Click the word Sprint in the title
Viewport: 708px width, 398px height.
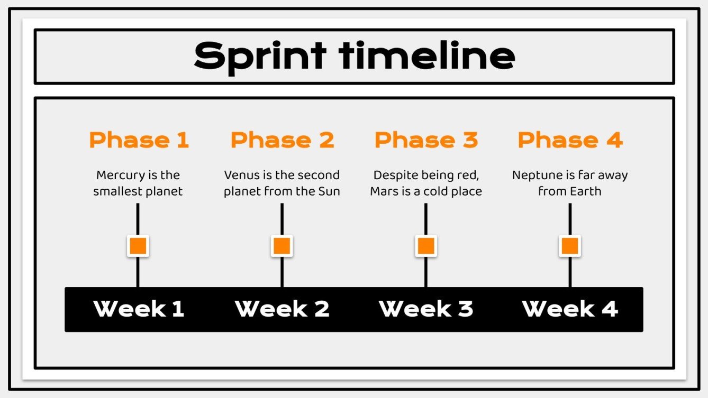coord(260,56)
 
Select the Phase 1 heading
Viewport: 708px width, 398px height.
coord(139,140)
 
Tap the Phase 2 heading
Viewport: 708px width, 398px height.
coord(282,140)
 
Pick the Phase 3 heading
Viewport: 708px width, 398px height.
coord(426,140)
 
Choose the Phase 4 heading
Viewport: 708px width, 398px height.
coord(570,140)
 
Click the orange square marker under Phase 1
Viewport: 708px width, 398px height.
coord(138,246)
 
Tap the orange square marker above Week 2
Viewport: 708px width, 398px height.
coord(282,246)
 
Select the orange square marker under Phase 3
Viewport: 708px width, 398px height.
coord(426,246)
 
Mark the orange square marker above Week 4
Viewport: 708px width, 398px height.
coord(570,246)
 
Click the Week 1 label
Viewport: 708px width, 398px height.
coord(139,309)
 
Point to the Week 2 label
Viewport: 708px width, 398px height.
coord(282,309)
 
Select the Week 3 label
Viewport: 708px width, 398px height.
coord(426,309)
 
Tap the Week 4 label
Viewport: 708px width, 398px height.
coord(570,309)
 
